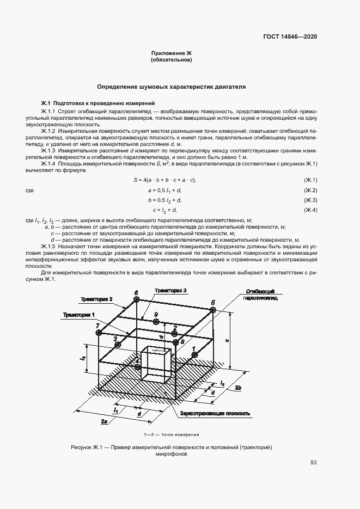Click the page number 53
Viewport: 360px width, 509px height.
click(314, 463)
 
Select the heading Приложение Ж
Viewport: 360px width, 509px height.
click(172, 53)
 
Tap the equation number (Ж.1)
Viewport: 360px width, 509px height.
click(310, 180)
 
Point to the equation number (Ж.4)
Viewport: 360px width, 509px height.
click(310, 210)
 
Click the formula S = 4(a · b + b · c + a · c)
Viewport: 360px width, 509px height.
click(164, 180)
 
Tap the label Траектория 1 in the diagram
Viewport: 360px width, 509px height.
click(78, 315)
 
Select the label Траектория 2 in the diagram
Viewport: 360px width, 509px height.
click(96, 299)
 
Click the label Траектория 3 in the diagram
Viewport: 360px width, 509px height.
click(170, 291)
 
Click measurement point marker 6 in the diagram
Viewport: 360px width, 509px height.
click(136, 300)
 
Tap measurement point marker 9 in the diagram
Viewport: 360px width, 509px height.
click(156, 322)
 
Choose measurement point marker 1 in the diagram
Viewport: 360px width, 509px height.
click(194, 354)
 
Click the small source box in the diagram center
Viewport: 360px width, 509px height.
click(155, 364)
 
